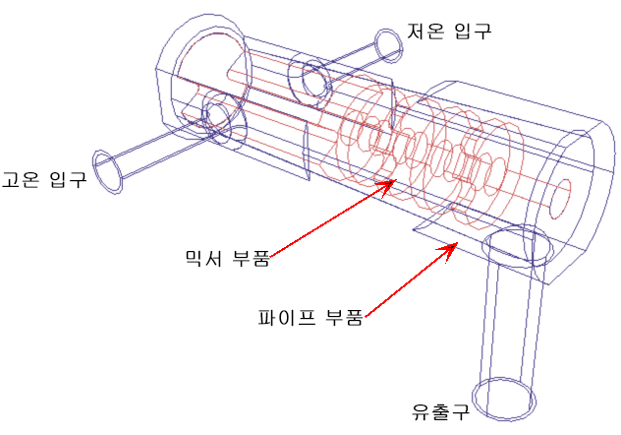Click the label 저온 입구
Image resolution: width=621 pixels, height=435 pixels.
click(449, 31)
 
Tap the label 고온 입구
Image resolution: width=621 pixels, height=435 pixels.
click(44, 179)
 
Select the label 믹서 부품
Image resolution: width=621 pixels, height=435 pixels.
click(227, 258)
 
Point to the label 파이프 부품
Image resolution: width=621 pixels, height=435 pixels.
click(310, 317)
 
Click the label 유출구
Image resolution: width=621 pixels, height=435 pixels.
click(440, 411)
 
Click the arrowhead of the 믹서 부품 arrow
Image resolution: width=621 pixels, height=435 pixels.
click(390, 184)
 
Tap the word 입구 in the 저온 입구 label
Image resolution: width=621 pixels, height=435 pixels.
click(473, 31)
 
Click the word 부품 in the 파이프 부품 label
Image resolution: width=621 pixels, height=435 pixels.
click(344, 317)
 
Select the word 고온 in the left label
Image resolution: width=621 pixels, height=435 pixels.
click(21, 179)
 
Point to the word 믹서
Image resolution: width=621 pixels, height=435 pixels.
click(203, 258)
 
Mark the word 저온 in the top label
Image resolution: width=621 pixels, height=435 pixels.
click(426, 31)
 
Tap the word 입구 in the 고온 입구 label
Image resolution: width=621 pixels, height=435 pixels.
click(68, 179)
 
